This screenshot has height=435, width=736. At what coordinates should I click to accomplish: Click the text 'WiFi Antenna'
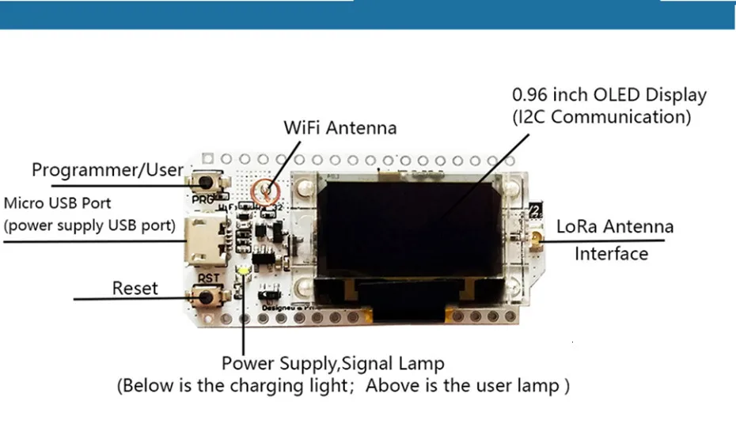(340, 127)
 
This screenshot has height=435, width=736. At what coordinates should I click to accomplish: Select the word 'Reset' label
(135, 288)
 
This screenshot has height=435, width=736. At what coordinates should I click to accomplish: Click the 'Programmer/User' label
(107, 170)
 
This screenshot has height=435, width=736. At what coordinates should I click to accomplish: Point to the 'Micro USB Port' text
(58, 203)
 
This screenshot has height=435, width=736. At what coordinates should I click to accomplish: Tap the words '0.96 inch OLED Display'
(609, 95)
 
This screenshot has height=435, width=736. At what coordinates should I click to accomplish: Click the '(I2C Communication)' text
(601, 117)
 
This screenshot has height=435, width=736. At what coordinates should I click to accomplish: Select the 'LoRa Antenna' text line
(615, 226)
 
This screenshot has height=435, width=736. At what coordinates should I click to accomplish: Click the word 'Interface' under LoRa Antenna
(611, 254)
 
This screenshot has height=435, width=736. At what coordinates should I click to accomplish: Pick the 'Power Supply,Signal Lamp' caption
(332, 364)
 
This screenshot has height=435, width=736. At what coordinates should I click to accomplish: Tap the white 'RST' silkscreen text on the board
(209, 278)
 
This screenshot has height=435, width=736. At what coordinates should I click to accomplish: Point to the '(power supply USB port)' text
(89, 225)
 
